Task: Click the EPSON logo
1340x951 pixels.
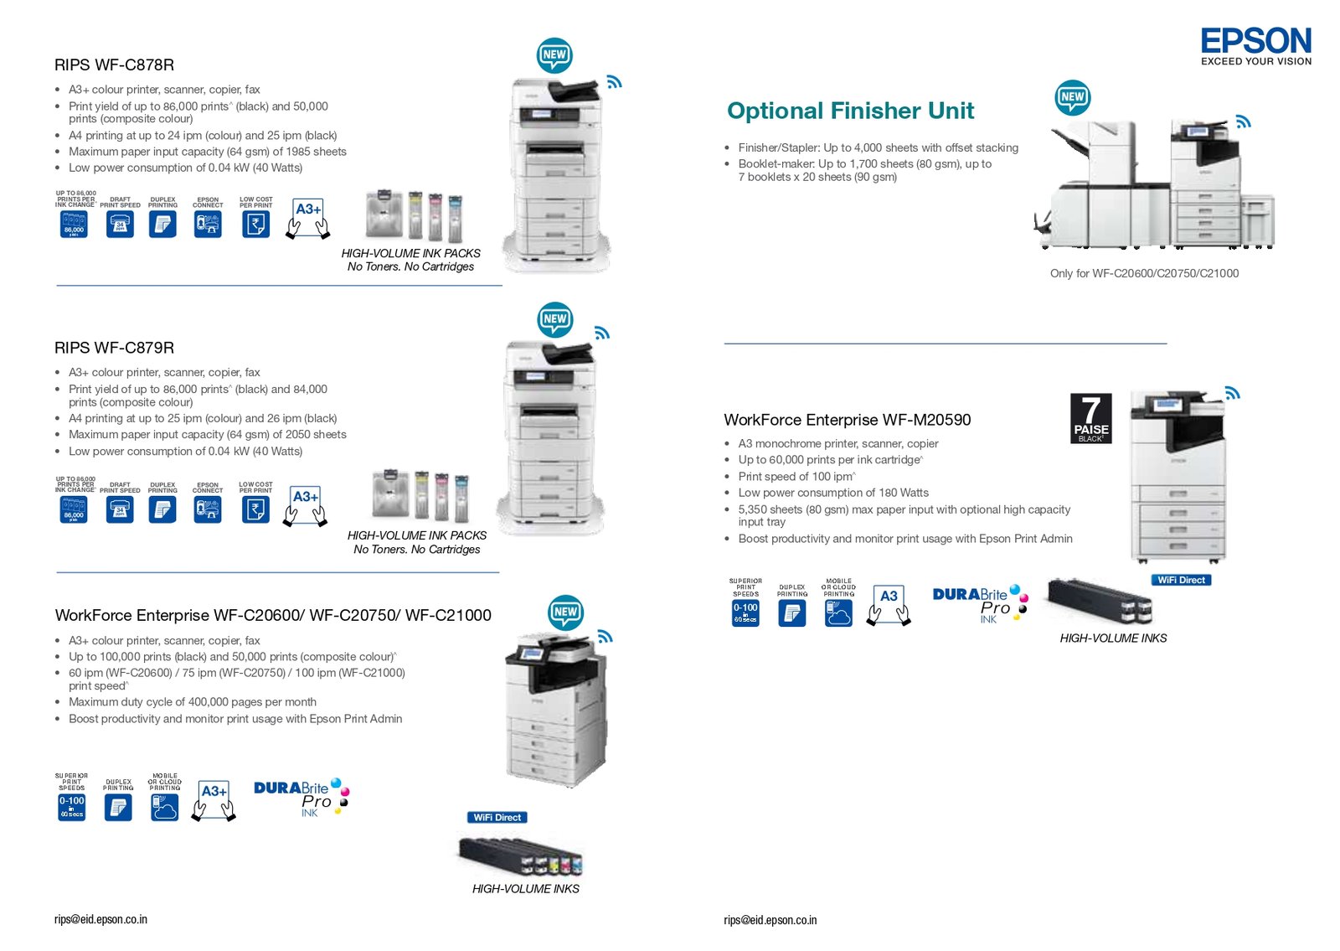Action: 1255,41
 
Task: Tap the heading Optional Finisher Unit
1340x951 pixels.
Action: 850,111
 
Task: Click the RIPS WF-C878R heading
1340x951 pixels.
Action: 114,65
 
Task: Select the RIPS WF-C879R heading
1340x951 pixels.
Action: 114,348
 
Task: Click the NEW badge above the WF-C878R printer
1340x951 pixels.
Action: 554,55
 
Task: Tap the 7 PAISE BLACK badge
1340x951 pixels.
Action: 1090,418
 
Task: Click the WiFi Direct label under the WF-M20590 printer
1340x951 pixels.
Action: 1181,580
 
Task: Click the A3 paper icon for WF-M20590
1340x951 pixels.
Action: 889,604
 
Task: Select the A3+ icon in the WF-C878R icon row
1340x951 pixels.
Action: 307,218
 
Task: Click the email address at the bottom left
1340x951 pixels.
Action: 100,919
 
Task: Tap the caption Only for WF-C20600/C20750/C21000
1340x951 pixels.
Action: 1144,273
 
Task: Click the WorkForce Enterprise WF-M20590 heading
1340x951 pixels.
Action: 847,420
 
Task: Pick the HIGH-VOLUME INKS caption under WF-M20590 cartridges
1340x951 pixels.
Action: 1113,638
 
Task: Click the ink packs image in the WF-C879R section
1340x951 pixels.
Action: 421,496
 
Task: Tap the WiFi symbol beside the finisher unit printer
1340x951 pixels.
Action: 1243,122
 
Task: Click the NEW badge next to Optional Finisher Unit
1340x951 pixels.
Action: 1072,97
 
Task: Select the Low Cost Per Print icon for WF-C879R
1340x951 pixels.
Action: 255,508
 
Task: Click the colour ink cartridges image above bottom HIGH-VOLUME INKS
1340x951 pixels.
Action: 521,856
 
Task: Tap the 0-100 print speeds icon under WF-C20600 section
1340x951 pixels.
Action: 71,806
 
